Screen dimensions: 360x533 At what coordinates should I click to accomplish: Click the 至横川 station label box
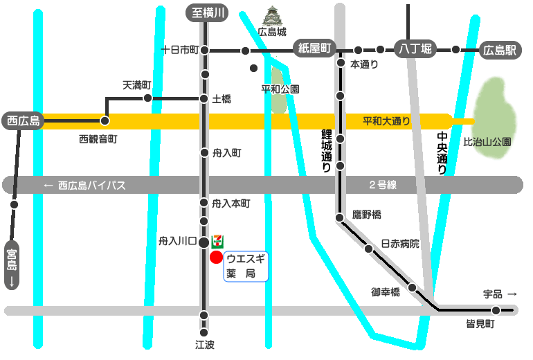(x=206, y=12)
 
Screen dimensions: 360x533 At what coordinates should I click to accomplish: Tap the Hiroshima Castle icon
(x=271, y=17)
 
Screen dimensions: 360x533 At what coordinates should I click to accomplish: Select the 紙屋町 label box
(x=314, y=48)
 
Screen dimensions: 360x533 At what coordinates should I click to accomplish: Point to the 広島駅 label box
(x=500, y=50)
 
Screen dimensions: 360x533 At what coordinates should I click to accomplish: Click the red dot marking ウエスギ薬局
(x=216, y=258)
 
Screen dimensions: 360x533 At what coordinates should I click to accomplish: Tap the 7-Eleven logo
(x=217, y=240)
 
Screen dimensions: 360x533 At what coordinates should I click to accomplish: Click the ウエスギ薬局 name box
(x=246, y=266)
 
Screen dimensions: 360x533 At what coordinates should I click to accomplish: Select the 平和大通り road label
(x=386, y=121)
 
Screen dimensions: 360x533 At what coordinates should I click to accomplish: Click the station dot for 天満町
(x=147, y=98)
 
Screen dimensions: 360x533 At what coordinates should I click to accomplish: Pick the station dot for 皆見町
(x=496, y=310)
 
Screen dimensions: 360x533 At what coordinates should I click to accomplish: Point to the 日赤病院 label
(x=400, y=244)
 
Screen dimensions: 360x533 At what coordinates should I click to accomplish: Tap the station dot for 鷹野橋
(x=340, y=218)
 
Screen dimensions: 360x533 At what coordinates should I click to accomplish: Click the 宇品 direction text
(x=499, y=294)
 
